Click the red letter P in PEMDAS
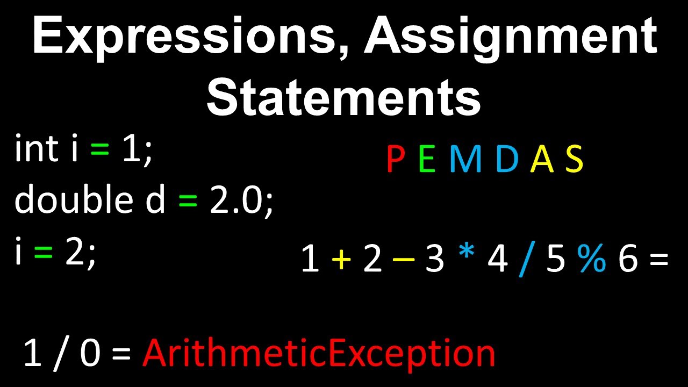396,160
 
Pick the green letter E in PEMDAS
427,160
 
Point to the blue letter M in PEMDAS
465,160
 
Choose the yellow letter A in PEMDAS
542,160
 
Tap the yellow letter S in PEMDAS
574,160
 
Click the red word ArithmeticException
319,354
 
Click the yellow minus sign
404,260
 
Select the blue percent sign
592,259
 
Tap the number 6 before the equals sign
627,259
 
